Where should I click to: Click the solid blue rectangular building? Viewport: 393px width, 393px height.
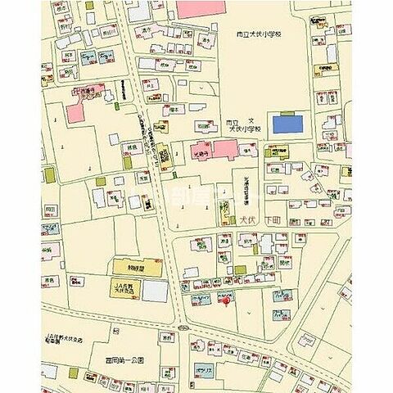286,124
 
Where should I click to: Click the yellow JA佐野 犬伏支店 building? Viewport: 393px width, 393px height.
127,289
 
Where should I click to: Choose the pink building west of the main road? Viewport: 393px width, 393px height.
85,111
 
